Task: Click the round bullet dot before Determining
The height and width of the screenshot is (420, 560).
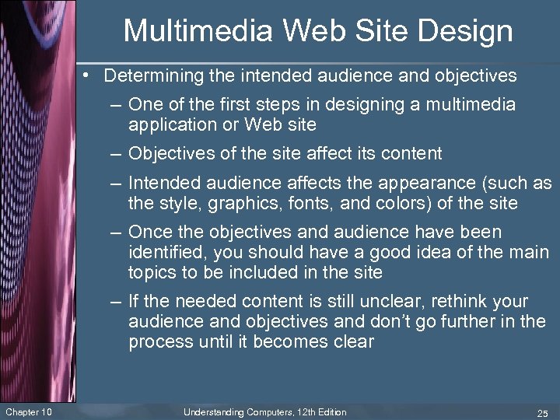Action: [90, 76]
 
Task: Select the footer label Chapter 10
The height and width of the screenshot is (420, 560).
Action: [29, 411]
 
